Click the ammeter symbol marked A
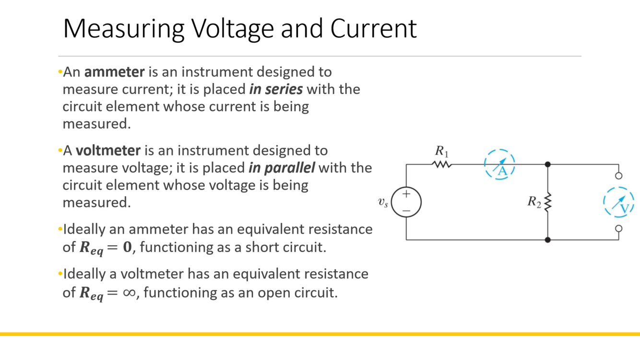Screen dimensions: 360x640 point(500,165)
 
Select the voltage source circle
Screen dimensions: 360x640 point(406,202)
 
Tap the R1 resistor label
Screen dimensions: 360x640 point(441,152)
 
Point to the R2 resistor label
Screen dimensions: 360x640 point(534,202)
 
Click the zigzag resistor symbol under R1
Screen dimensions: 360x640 point(442,165)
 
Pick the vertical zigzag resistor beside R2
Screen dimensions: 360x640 point(548,202)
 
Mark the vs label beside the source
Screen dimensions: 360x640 point(383,203)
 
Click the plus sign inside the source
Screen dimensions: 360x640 point(406,194)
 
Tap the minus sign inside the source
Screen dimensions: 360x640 point(406,211)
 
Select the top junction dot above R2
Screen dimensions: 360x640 point(548,165)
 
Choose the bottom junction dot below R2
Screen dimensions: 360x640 point(548,239)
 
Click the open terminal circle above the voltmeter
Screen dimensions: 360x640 point(619,176)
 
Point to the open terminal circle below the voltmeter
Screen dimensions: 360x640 point(619,228)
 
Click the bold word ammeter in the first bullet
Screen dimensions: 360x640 point(114,72)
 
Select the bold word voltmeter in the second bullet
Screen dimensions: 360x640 point(108,151)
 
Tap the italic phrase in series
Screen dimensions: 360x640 point(276,89)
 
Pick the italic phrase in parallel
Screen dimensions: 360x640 point(282,168)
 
